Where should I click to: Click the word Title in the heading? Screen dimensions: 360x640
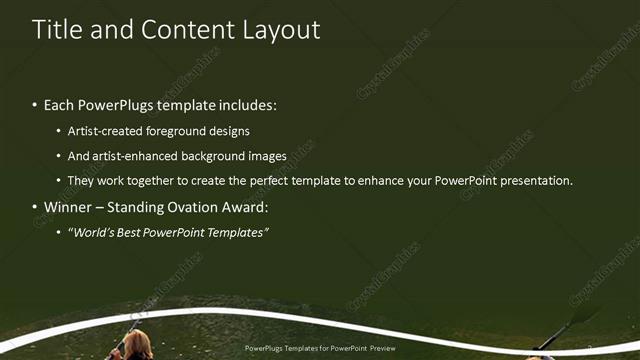56,30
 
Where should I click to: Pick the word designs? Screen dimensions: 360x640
231,131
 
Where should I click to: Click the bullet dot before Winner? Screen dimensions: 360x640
35,208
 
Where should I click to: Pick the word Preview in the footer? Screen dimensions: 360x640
381,349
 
